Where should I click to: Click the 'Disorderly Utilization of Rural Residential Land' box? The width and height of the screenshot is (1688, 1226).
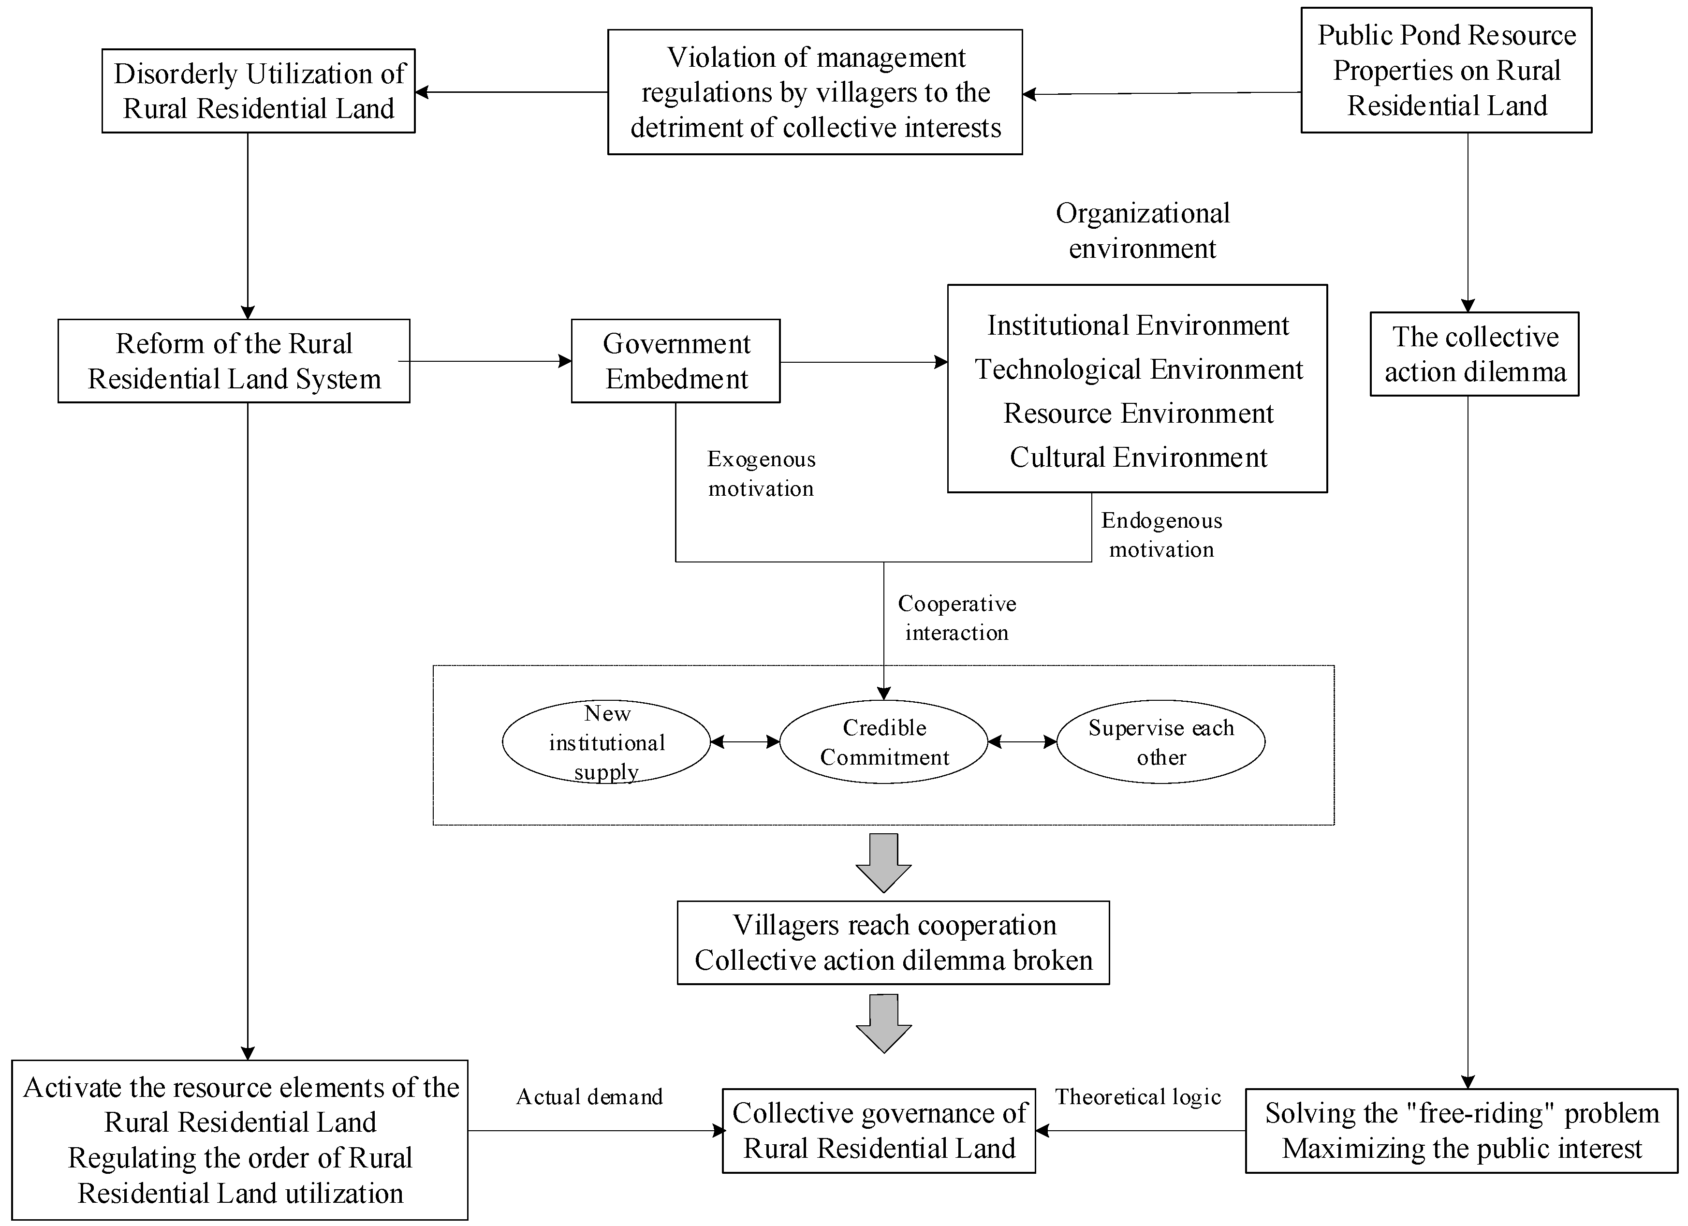[258, 91]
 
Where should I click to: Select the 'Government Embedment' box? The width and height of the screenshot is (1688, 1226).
[676, 361]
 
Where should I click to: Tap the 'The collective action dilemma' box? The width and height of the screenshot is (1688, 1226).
[1474, 355]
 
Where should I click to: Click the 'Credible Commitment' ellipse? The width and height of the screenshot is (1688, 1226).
[884, 742]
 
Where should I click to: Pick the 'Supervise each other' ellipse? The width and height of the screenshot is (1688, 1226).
[1161, 742]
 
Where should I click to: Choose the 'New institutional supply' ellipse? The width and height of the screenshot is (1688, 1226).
[606, 742]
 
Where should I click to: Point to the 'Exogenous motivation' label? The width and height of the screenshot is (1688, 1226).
[761, 473]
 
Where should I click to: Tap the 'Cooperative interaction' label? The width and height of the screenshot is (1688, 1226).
[956, 618]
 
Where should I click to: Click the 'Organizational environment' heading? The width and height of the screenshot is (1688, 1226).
[1143, 231]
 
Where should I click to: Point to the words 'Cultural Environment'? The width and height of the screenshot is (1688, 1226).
[1138, 457]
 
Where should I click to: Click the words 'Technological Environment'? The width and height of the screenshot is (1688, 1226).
[1139, 369]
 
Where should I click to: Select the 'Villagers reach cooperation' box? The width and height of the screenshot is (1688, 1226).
[893, 943]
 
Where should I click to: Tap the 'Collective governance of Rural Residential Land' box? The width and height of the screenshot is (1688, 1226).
[879, 1131]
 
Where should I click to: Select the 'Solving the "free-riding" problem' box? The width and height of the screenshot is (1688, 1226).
[1462, 1131]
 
